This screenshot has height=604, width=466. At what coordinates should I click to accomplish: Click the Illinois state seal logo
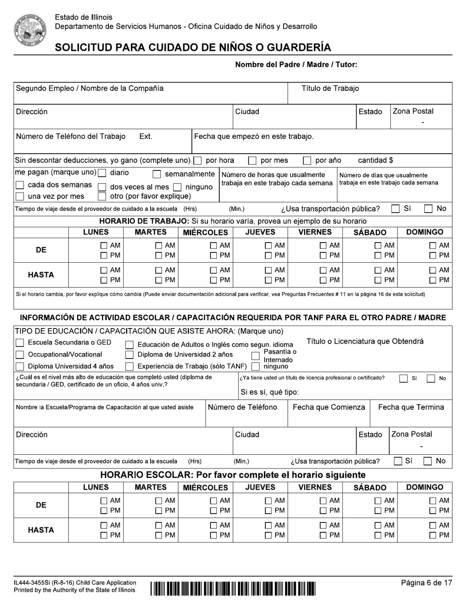click(x=29, y=30)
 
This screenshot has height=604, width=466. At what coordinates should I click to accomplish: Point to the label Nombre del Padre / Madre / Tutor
click(x=296, y=64)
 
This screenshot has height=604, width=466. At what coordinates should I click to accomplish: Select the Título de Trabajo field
click(x=369, y=93)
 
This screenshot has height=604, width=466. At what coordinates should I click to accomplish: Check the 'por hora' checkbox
click(x=198, y=161)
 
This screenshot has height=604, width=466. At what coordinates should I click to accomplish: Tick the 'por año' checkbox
click(x=307, y=161)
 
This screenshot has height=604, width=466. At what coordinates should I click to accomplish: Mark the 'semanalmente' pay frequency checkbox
click(x=157, y=174)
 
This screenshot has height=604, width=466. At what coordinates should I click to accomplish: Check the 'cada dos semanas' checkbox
click(x=20, y=185)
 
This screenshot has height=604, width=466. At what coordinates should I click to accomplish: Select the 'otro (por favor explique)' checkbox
click(x=102, y=196)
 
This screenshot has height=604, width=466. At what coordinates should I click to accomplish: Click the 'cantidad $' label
click(x=375, y=161)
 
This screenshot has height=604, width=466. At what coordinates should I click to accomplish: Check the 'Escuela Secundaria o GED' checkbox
click(x=20, y=342)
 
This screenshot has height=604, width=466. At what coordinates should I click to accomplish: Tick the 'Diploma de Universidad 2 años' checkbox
click(x=129, y=355)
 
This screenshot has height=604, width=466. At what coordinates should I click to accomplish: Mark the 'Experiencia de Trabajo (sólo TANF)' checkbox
click(x=129, y=366)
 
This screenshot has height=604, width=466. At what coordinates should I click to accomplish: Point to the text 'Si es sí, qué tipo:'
click(x=269, y=392)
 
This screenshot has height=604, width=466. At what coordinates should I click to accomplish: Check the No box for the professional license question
click(x=431, y=379)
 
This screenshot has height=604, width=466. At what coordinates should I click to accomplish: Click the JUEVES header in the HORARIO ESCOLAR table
click(x=260, y=487)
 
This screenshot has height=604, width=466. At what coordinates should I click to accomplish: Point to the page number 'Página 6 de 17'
click(x=426, y=583)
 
